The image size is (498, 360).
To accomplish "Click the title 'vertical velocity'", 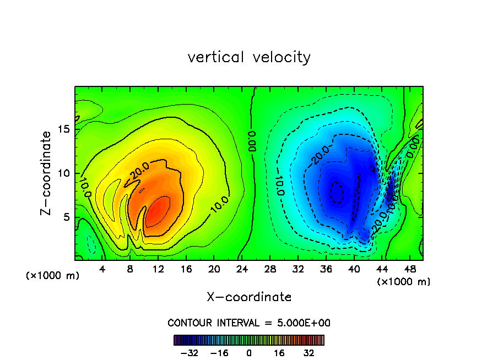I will coord(249,57).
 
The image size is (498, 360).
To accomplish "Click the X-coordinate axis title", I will coord(249,297).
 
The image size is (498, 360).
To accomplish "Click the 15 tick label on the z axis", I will coord(64,129).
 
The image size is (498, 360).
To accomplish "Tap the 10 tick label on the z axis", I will coord(64,173).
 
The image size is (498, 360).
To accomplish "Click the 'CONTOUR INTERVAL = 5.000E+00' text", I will coord(249,323).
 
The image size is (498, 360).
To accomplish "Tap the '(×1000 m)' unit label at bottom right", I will coord(404,282).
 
